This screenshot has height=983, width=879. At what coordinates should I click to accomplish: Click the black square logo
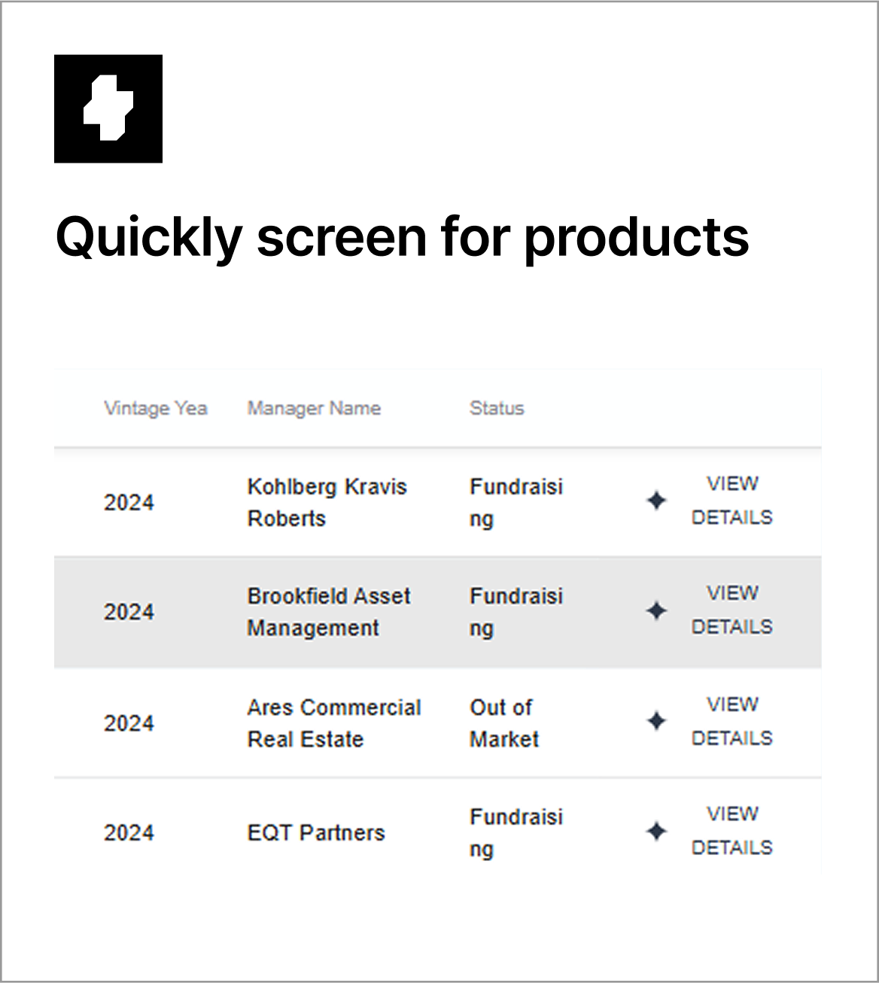108,108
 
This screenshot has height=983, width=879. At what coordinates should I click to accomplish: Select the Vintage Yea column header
156,409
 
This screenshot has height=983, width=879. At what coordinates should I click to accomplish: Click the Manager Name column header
315,409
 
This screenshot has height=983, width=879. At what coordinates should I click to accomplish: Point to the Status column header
497,408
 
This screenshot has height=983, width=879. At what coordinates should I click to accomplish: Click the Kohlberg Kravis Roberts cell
327,502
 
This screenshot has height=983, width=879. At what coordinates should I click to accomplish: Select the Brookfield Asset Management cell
329,612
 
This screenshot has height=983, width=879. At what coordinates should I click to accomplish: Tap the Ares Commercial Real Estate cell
334,723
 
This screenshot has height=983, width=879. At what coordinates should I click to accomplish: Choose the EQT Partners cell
316,832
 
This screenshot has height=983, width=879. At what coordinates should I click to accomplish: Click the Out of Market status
504,723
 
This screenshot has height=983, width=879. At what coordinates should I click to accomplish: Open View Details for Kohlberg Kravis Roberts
732,501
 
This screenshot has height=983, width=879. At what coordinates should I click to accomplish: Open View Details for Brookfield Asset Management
732,610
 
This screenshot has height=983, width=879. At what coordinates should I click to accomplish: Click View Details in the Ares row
732,722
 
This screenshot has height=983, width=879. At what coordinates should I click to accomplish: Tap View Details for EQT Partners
732,831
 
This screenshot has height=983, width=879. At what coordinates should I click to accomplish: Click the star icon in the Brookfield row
656,610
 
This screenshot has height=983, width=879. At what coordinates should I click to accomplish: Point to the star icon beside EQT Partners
656,831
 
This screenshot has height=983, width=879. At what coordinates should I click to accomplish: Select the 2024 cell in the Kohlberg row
129,503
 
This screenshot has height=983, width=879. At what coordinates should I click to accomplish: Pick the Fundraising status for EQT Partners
516,833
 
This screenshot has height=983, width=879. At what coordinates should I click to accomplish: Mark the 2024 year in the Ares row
129,723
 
